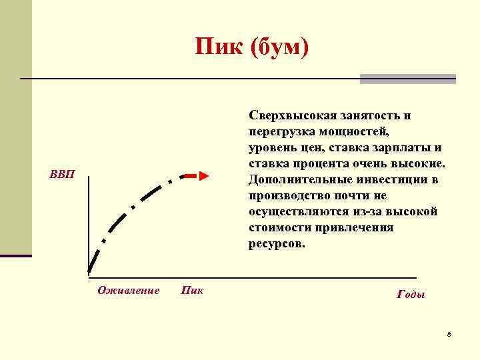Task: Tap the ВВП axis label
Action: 63,175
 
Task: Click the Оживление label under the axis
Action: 129,290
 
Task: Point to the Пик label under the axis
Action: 193,290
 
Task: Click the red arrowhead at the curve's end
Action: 204,176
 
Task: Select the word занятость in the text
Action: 369,115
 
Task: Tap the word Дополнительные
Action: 295,180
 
